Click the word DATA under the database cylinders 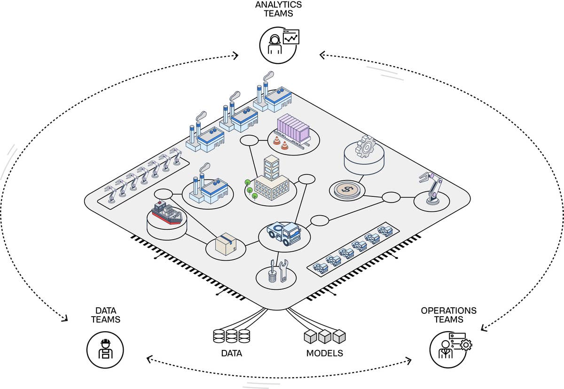coord(231,353)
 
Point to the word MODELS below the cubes coord(325,353)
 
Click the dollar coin coord(347,189)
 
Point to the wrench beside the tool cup coord(283,271)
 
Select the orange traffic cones coord(280,144)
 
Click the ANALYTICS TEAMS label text coord(278,9)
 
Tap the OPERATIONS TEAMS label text coord(448,315)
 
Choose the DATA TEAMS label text coord(105,315)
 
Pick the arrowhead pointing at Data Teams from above coord(64,319)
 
